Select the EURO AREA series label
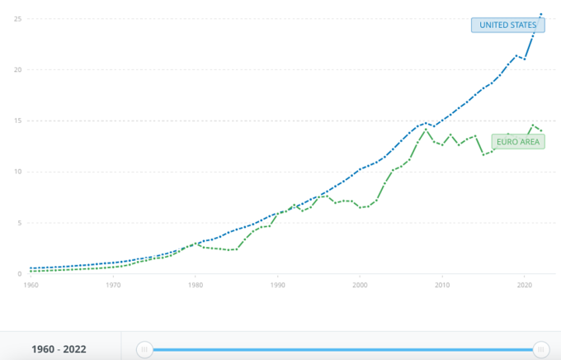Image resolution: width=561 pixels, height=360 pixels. point(518,141)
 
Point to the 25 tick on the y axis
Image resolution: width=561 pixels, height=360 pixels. point(17,18)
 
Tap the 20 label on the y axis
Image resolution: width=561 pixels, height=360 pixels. point(17,69)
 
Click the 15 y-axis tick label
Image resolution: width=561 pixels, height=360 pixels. point(17,121)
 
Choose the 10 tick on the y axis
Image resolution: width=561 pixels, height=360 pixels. point(17,172)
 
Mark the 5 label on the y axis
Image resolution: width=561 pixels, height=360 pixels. point(19,223)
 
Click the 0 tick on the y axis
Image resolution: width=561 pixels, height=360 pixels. point(19,274)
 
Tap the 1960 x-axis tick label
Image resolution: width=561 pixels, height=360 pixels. point(31,285)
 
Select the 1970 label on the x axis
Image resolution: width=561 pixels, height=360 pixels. point(113,285)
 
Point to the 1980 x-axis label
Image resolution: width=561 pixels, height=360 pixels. point(195,285)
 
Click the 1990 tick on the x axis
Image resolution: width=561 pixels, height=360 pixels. point(277,285)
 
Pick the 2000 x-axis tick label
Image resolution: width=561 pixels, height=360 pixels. point(360,285)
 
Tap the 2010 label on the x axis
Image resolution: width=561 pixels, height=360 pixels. point(442,285)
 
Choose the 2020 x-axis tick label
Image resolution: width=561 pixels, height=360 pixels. point(524,285)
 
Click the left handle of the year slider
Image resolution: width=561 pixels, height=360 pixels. point(145,349)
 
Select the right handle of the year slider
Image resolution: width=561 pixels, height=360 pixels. point(541,349)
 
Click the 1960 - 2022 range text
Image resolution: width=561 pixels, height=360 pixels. point(59,349)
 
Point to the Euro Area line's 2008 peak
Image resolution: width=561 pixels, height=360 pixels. point(426,129)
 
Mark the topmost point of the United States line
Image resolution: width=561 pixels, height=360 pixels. point(541,13)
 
